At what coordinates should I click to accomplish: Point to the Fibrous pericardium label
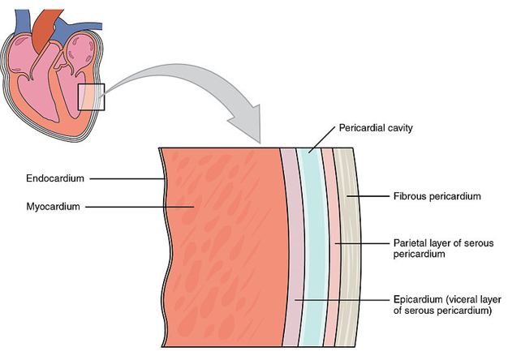437,196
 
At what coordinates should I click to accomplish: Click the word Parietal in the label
411,242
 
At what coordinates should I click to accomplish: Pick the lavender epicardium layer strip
291,243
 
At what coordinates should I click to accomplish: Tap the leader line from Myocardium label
138,207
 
